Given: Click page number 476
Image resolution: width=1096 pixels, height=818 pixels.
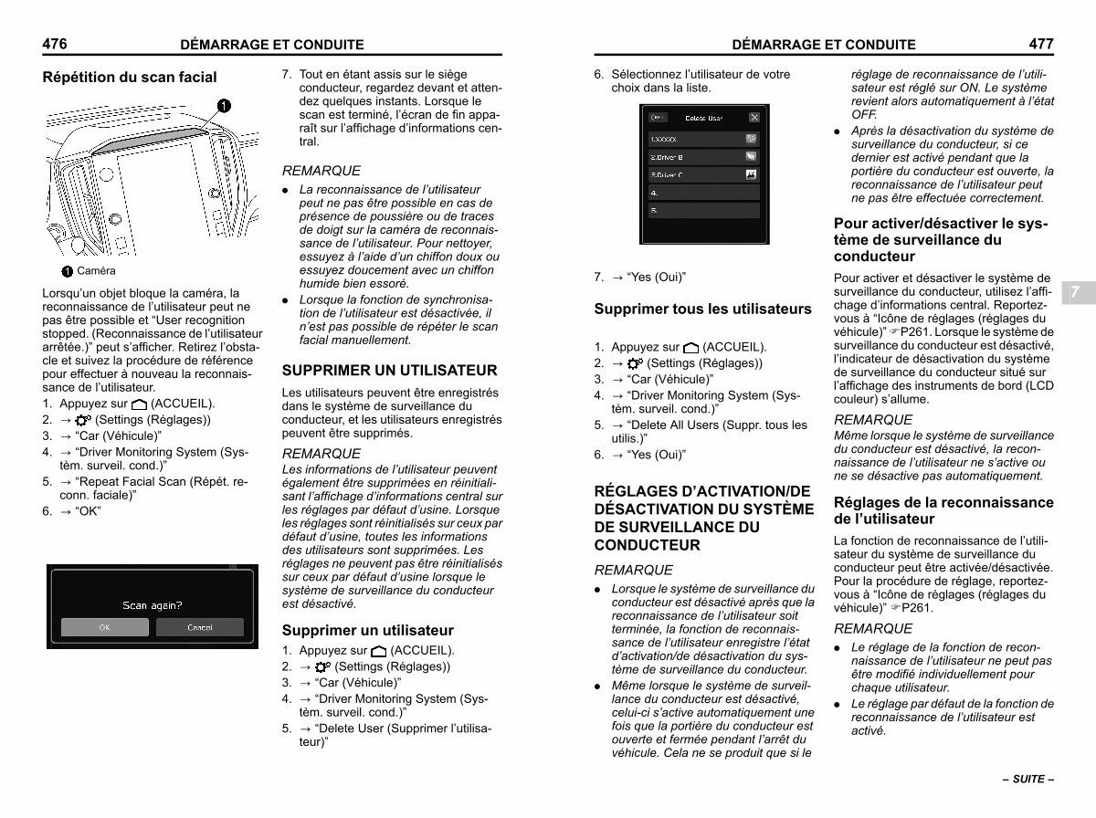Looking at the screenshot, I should pos(55,43).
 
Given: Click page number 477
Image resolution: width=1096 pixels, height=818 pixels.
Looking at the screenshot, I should pos(1040,43).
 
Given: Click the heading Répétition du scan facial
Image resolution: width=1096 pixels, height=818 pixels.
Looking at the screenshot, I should pos(130,78).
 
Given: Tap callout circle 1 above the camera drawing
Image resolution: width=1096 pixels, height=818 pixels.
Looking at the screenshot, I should pos(224,105).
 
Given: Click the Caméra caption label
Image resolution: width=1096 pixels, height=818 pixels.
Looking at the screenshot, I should pos(96,271).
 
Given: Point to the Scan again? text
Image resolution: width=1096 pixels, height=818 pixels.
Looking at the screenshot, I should pos(153,605).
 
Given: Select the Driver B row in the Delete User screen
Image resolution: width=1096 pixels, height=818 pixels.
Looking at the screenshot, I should pos(703,156).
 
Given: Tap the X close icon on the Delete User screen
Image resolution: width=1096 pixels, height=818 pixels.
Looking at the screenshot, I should pos(753,118).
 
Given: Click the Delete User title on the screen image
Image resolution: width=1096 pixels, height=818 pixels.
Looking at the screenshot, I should pos(703,118).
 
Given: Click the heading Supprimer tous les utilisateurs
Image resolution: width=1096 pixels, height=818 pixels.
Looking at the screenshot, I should pos(702,309).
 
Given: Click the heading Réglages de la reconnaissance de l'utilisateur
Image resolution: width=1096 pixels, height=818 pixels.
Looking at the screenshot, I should pos(943,510).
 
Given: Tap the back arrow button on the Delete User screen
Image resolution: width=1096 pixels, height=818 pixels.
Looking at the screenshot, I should pos(658,118).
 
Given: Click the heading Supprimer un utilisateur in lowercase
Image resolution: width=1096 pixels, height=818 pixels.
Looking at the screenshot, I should pos(367,631).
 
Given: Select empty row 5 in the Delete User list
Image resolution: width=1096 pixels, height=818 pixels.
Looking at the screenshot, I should pos(703,211).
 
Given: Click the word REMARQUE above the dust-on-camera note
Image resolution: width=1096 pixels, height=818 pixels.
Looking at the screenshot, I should pos(321,171).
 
